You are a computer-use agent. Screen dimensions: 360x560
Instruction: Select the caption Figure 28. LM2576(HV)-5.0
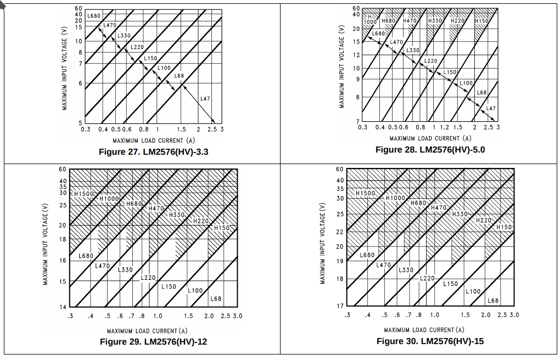pos(430,150)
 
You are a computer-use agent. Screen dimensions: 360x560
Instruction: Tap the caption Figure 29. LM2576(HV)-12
pos(153,342)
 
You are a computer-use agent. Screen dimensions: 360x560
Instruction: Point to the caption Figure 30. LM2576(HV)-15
pos(430,341)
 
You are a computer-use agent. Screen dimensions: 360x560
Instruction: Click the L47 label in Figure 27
pos(205,99)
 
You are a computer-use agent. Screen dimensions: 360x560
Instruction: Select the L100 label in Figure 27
pos(164,68)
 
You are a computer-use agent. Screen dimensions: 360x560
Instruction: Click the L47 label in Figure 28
pos(491,109)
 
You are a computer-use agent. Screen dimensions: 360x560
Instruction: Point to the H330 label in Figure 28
pos(435,21)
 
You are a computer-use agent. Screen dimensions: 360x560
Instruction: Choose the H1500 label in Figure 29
pos(85,194)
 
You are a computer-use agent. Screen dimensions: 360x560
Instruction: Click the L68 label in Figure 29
pos(216,299)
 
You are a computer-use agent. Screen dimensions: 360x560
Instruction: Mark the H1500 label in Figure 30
pos(365,193)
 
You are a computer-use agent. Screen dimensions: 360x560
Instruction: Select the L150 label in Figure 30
pos(450,284)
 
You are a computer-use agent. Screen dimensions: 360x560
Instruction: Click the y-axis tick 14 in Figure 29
pos(63,307)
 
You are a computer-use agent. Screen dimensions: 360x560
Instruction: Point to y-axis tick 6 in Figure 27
pos(80,83)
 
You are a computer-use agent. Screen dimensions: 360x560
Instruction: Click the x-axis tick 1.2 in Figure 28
pos(445,127)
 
